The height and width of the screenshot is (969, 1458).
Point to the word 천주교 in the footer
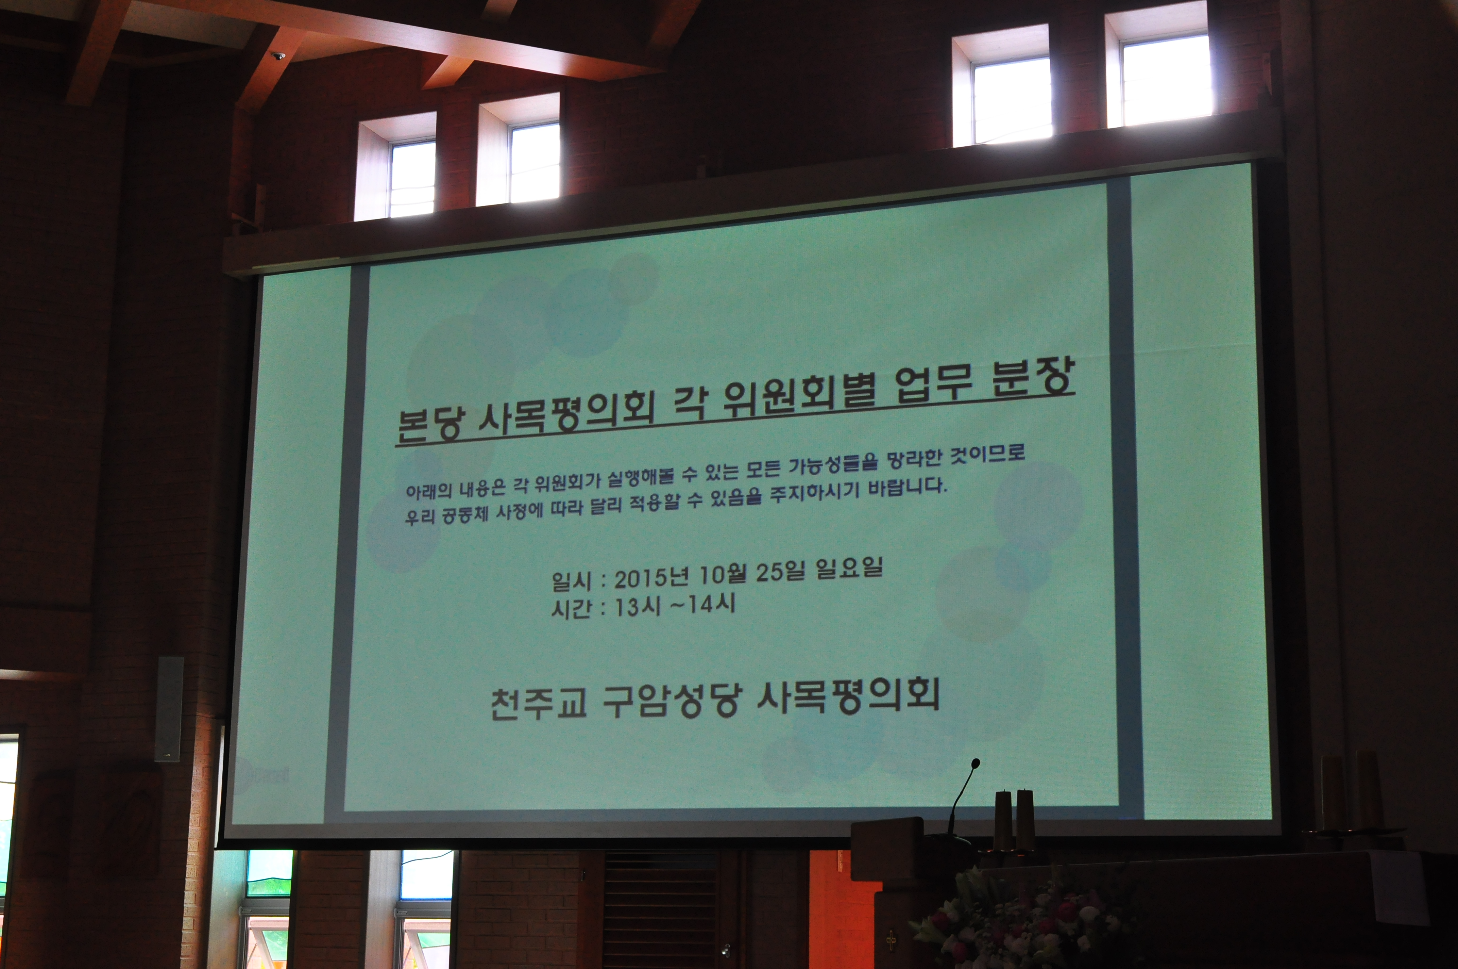(537, 705)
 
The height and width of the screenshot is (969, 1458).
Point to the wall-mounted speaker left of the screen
(170, 709)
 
